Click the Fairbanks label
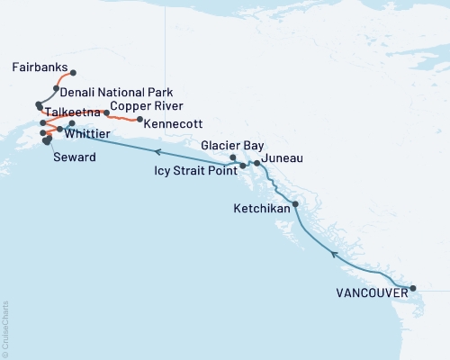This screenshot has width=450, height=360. (40, 67)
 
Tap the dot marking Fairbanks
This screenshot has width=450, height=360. (73, 73)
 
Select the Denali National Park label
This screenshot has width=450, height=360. (116, 93)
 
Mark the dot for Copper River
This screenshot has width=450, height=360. (107, 113)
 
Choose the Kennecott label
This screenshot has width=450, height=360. (173, 122)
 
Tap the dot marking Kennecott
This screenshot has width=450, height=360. (139, 120)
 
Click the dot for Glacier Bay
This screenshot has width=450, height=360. (233, 158)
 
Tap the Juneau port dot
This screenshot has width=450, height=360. (257, 163)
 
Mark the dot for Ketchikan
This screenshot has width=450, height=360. (295, 203)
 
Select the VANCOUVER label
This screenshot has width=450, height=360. (370, 293)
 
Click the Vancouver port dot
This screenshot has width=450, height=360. (413, 289)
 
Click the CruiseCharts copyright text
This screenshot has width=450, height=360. (6, 328)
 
